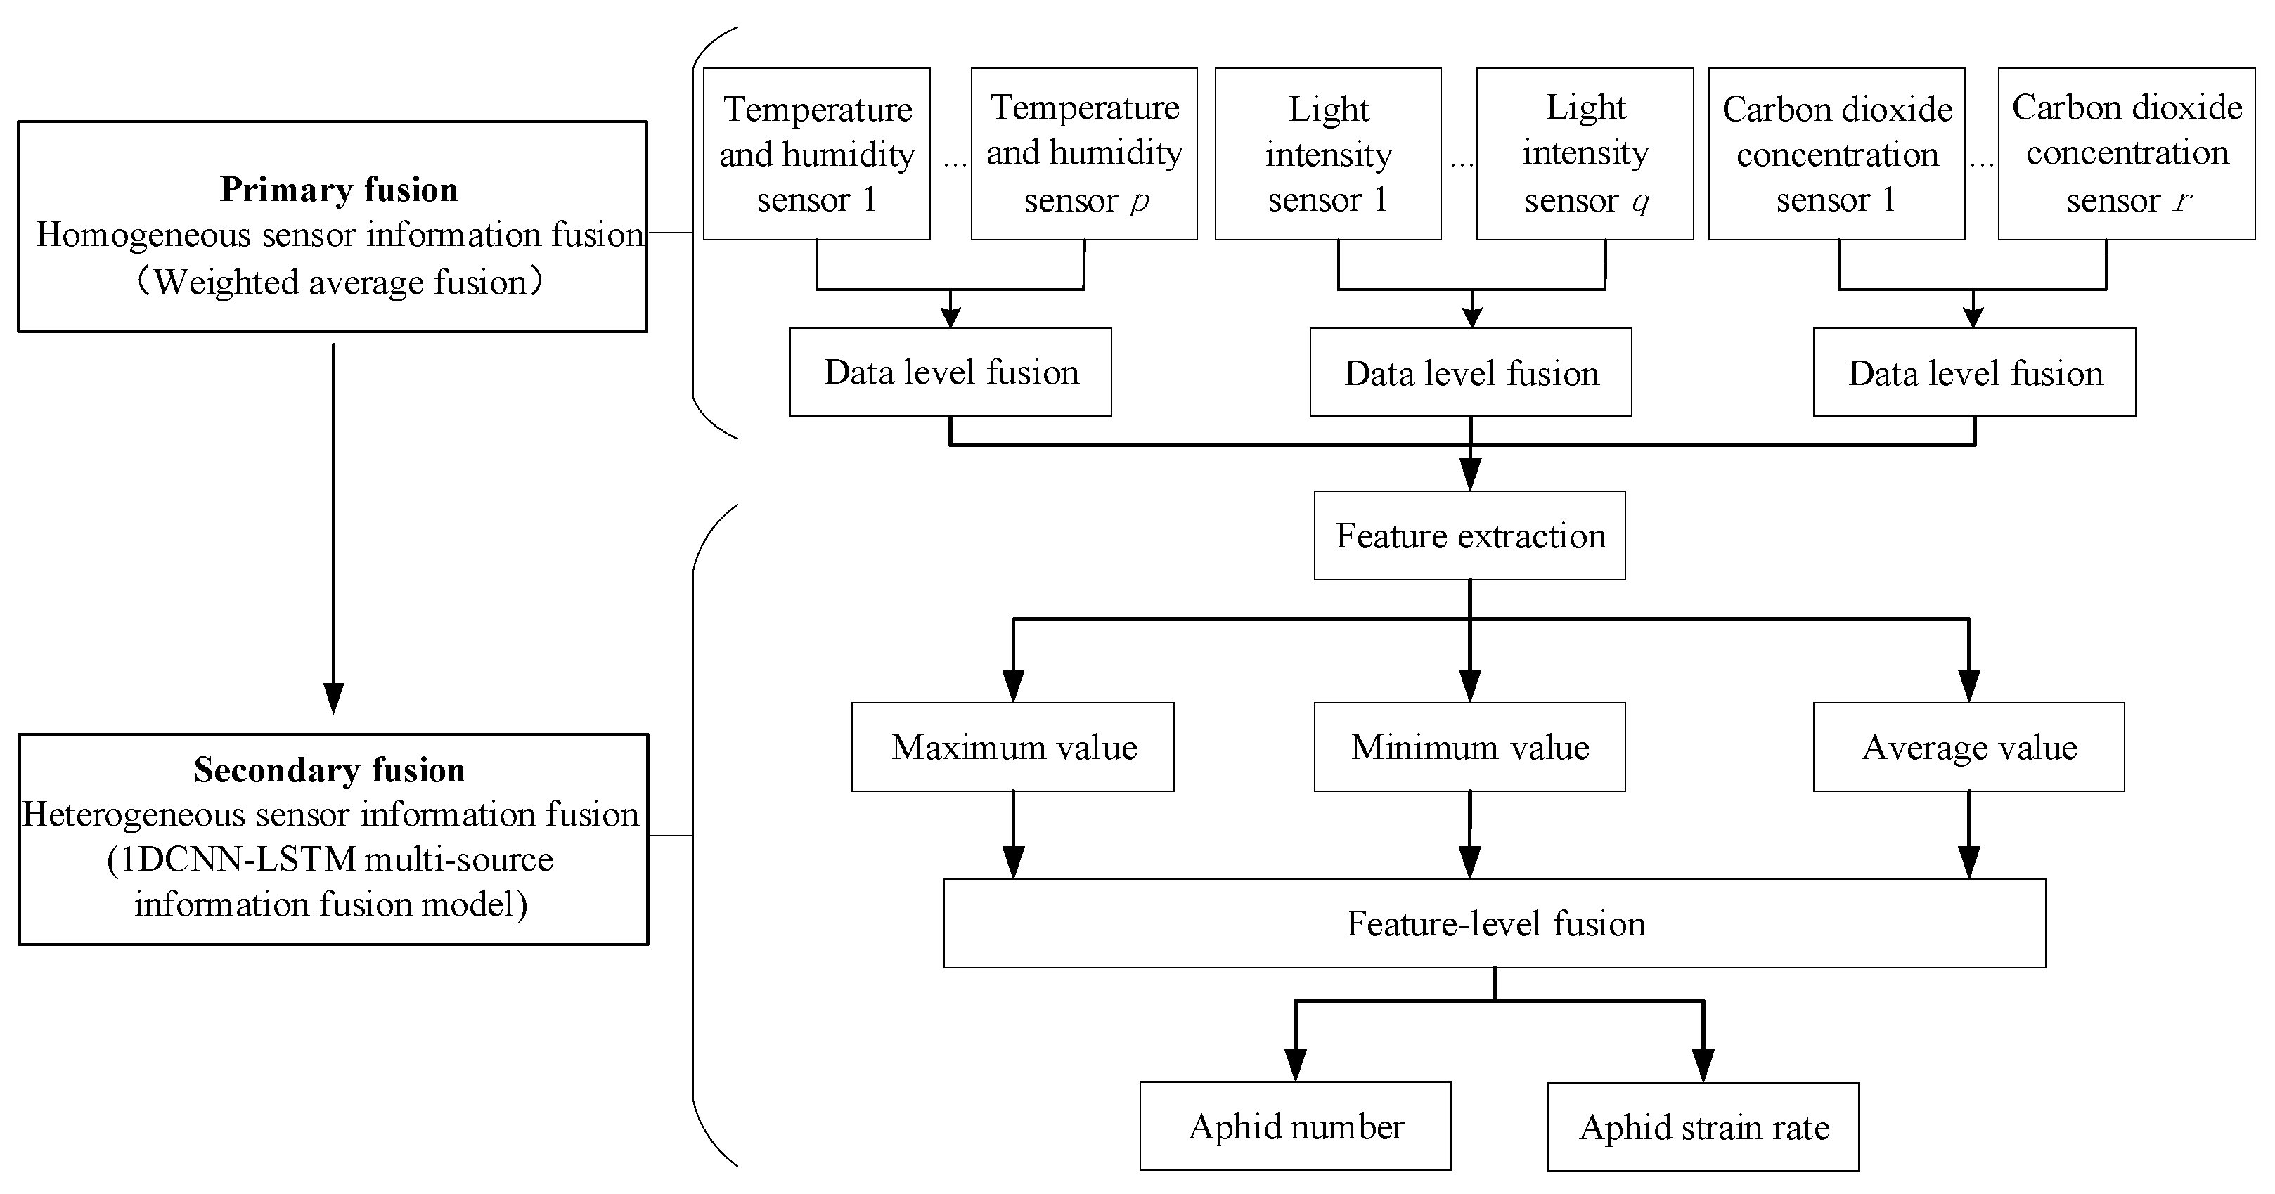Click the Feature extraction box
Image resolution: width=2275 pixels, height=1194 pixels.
click(x=1469, y=536)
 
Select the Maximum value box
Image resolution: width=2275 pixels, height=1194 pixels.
click(x=1012, y=747)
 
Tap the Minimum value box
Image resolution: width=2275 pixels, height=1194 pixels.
click(x=1469, y=747)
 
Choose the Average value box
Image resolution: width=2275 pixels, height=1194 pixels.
click(x=1968, y=747)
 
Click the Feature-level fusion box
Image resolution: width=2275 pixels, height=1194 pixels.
click(x=1495, y=923)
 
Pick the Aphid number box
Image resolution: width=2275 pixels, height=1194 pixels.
click(x=1295, y=1126)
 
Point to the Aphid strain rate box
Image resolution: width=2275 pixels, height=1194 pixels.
click(x=1702, y=1127)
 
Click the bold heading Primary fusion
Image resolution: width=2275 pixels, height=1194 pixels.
click(x=338, y=189)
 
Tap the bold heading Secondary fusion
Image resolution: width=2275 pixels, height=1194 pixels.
click(x=330, y=770)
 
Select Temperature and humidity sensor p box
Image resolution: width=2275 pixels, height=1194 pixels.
click(x=1083, y=154)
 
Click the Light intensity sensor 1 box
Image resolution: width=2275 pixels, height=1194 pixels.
click(x=1327, y=154)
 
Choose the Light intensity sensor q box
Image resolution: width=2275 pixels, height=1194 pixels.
click(x=1585, y=154)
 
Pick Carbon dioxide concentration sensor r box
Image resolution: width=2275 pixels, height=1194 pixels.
click(x=2126, y=154)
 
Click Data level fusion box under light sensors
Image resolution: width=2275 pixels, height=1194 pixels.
click(x=1471, y=372)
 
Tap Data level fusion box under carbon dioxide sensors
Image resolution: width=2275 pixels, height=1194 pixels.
click(x=1974, y=372)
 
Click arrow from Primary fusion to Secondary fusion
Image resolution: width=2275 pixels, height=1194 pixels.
click(x=333, y=530)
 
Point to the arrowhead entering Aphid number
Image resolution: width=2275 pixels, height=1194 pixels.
click(x=1295, y=1064)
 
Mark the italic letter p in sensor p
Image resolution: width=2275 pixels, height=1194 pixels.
click(x=1140, y=202)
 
